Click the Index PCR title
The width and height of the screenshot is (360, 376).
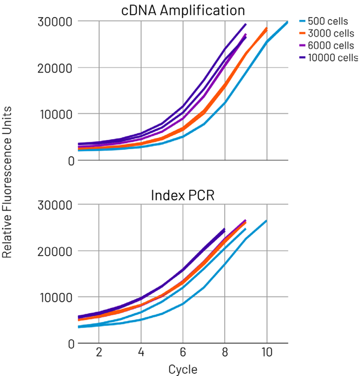183,194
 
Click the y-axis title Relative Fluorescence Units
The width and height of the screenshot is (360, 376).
8,183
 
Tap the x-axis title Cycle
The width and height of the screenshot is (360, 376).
183,369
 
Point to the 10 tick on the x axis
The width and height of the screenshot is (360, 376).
266,352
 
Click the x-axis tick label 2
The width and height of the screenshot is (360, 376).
99,352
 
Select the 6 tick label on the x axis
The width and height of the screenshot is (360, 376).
183,352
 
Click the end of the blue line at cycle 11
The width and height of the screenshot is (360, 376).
287,23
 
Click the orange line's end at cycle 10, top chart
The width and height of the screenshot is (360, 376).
267,28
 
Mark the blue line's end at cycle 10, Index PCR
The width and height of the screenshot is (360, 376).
266,221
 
